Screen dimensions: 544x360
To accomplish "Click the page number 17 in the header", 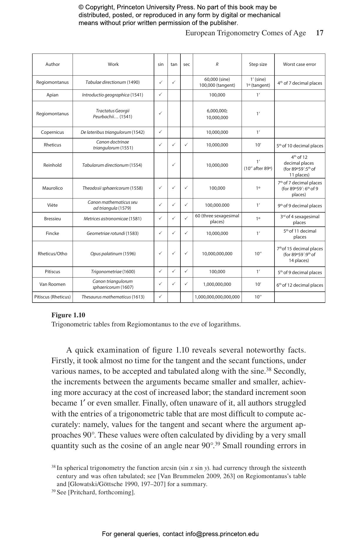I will pos(319,33).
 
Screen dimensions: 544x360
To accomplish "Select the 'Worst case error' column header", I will pos(299,64).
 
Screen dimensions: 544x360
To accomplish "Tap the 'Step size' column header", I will pos(258,64).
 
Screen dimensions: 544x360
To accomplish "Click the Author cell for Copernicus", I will pos(52,132).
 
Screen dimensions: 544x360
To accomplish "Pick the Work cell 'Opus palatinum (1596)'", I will pos(113,254).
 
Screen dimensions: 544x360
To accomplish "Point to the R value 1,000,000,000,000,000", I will pos(217,297).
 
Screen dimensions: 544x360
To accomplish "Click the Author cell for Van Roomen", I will pos(52,284).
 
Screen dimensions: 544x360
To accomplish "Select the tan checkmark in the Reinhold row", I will pos(174,165).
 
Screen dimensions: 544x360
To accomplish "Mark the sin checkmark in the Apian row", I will pos(160,95).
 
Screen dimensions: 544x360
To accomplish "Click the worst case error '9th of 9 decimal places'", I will pos(299,206).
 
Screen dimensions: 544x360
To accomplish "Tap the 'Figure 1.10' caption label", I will pos(68,315).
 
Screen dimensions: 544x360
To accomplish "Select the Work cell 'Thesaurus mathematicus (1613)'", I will pos(113,297).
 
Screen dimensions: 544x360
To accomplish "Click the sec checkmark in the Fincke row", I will pos(186,233).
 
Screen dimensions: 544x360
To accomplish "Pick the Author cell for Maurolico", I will pos(52,188).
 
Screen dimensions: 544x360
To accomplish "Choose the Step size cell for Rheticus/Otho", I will pos(258,254).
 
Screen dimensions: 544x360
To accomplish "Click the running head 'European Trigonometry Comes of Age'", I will pos(245,33).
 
